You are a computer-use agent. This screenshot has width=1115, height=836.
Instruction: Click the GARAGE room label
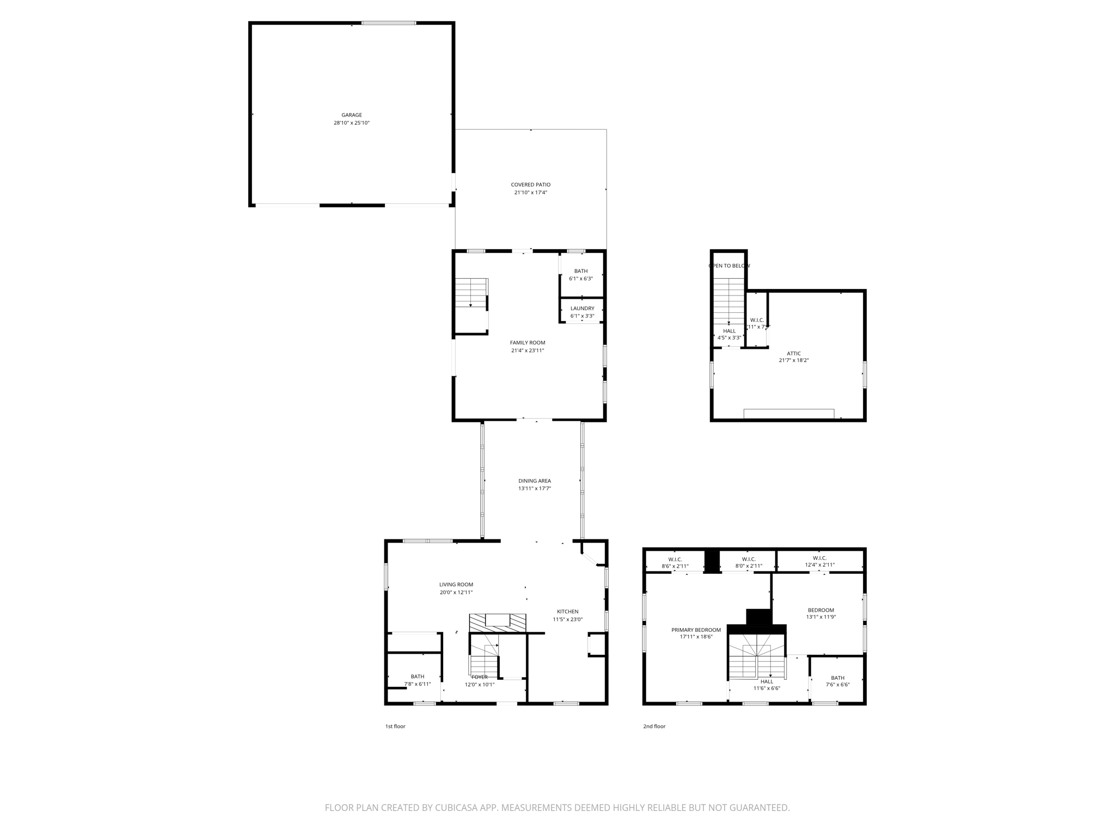coord(352,115)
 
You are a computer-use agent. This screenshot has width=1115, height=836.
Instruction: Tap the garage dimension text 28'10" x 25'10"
coord(352,123)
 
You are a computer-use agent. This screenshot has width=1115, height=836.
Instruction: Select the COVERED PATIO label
coord(530,185)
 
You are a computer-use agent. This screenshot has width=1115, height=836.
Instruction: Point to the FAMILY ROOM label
coord(528,342)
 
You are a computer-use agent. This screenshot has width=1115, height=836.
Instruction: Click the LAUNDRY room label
coord(582,308)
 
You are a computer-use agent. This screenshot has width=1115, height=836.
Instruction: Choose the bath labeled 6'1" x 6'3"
coord(581,271)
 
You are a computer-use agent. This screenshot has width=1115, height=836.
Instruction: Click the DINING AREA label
coord(534,481)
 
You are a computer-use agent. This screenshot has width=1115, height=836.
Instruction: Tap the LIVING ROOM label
coord(456,585)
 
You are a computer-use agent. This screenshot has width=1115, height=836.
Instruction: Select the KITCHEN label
coord(567,611)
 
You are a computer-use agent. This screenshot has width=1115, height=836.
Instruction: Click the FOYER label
coord(480,677)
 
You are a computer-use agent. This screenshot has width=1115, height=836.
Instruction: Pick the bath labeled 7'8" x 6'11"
coord(418,677)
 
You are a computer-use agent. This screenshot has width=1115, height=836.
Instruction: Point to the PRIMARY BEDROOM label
coord(696,630)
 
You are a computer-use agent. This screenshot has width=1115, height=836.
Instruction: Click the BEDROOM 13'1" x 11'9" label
coord(820,610)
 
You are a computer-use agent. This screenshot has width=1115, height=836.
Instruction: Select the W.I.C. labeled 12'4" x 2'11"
coord(819,558)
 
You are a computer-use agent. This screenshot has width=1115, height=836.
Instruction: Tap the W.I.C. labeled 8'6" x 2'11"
coord(675,559)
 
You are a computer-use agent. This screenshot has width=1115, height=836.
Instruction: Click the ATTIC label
coord(794,353)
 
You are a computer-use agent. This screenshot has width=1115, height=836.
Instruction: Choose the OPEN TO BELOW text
coord(729,266)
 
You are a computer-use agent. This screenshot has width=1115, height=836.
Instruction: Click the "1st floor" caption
coord(395,726)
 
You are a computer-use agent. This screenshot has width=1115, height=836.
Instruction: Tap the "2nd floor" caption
coord(654,726)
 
